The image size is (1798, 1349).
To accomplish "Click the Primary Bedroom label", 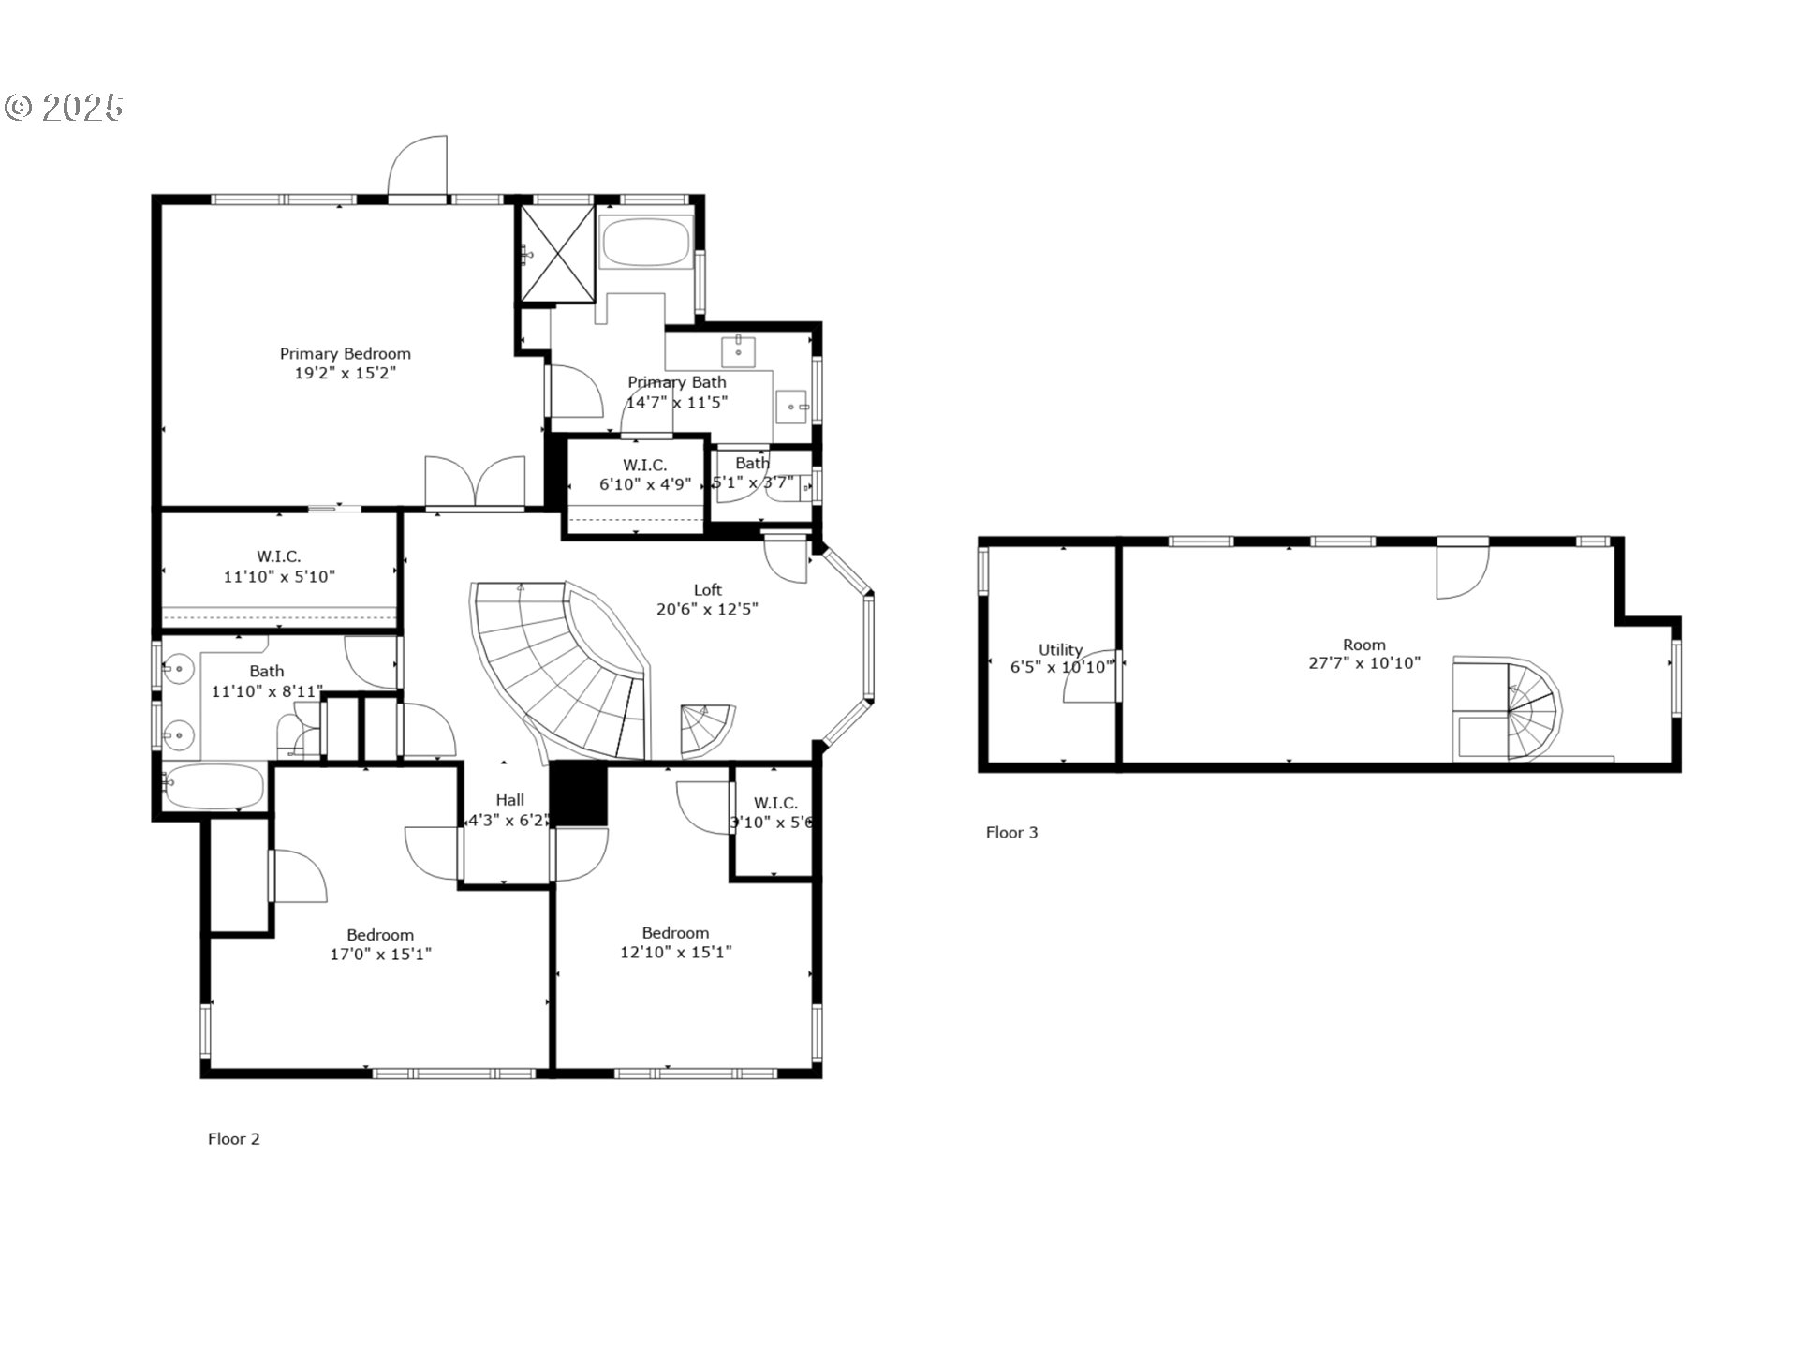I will pyautogui.click(x=345, y=354).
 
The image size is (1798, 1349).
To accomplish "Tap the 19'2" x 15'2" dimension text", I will pyautogui.click(x=345, y=374).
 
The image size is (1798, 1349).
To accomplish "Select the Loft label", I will pyautogui.click(x=707, y=590).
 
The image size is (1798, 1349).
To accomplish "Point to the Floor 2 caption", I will pyautogui.click(x=233, y=1139).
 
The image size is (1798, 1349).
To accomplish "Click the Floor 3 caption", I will pyautogui.click(x=1011, y=833).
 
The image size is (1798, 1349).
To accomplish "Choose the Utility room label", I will pyautogui.click(x=1060, y=650).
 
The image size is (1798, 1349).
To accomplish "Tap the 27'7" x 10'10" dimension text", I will pyautogui.click(x=1363, y=663).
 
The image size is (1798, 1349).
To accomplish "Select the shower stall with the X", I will pyautogui.click(x=557, y=253).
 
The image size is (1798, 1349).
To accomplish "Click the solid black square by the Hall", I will pyautogui.click(x=579, y=793).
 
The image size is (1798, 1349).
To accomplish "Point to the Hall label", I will pyautogui.click(x=509, y=800).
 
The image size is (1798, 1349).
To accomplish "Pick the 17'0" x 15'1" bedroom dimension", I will pyautogui.click(x=380, y=955).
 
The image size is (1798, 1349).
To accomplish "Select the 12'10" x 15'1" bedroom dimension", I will pyautogui.click(x=675, y=953).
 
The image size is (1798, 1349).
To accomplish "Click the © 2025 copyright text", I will pyautogui.click(x=64, y=108).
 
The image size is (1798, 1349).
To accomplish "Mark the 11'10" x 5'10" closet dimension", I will pyautogui.click(x=279, y=577).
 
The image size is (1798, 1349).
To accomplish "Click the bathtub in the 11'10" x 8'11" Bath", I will pyautogui.click(x=215, y=785).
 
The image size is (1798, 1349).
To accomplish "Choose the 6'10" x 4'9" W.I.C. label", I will pyautogui.click(x=645, y=466).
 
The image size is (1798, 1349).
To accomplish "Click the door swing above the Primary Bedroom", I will pyautogui.click(x=419, y=166).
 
